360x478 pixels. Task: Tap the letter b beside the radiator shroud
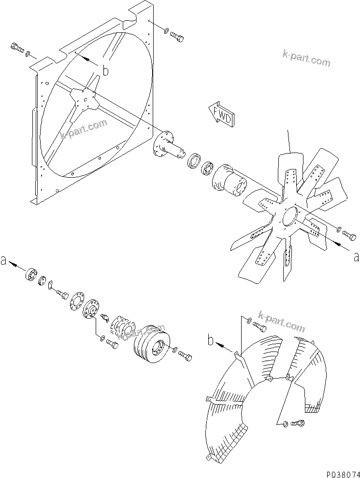pos(105,70)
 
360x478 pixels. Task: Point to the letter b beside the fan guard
pos(211,341)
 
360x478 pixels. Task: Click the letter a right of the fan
pos(356,257)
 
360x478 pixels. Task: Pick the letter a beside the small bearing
pos(4,261)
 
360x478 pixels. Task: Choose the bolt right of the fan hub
pos(349,236)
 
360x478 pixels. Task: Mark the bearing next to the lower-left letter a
pos(32,276)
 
